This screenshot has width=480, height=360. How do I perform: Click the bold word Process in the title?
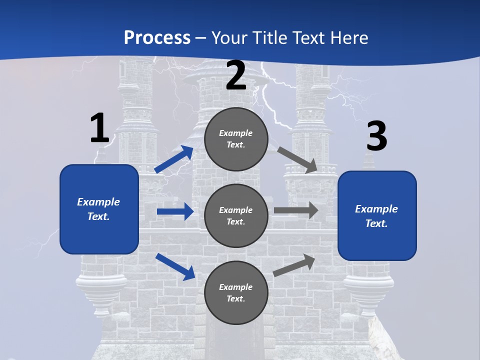click(x=157, y=38)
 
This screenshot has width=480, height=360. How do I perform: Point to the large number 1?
click(x=99, y=128)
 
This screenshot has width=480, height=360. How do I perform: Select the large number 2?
click(x=236, y=75)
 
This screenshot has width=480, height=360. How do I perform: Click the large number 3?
click(x=377, y=136)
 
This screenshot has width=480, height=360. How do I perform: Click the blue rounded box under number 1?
click(x=99, y=209)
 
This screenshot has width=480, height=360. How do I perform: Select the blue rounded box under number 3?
click(x=377, y=216)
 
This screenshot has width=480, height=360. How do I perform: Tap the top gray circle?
click(x=236, y=139)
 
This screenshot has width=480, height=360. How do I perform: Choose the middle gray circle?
click(x=236, y=215)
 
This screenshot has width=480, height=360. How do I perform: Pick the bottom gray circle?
click(x=236, y=292)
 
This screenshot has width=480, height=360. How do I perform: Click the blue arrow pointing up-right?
click(x=174, y=159)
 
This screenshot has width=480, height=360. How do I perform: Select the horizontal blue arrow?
click(x=175, y=211)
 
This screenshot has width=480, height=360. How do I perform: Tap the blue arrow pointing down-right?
click(x=175, y=266)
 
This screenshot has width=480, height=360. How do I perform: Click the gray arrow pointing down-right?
click(x=297, y=159)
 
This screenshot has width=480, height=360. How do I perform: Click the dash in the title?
click(x=201, y=38)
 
